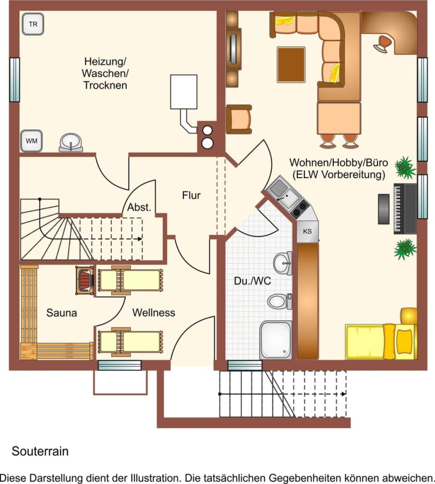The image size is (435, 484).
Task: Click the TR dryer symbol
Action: coord(33,24)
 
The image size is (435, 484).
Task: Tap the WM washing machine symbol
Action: coord(31,141)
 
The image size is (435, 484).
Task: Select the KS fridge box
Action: coord(307,231)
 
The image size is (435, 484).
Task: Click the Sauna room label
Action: coord(61,312)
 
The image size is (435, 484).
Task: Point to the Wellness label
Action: coord(154,312)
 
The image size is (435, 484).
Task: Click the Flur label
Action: coord(191,195)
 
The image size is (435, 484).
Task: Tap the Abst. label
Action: coord(139,207)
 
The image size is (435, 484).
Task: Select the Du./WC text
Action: coord(253,281)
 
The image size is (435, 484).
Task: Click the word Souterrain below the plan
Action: coord(40,451)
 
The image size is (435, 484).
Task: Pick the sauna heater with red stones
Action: coord(85,280)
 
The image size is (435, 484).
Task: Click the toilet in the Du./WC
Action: coord(280,301)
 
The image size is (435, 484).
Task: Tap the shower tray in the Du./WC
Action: coord(276,340)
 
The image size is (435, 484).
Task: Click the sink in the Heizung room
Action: coord(71,143)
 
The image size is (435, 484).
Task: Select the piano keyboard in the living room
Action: coord(405,209)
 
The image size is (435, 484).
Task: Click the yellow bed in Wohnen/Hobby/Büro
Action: coord(381,341)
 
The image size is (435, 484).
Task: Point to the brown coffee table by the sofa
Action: coord(291,65)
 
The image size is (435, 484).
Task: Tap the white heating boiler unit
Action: coord(184,91)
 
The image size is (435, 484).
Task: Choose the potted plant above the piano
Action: coord(405,168)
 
